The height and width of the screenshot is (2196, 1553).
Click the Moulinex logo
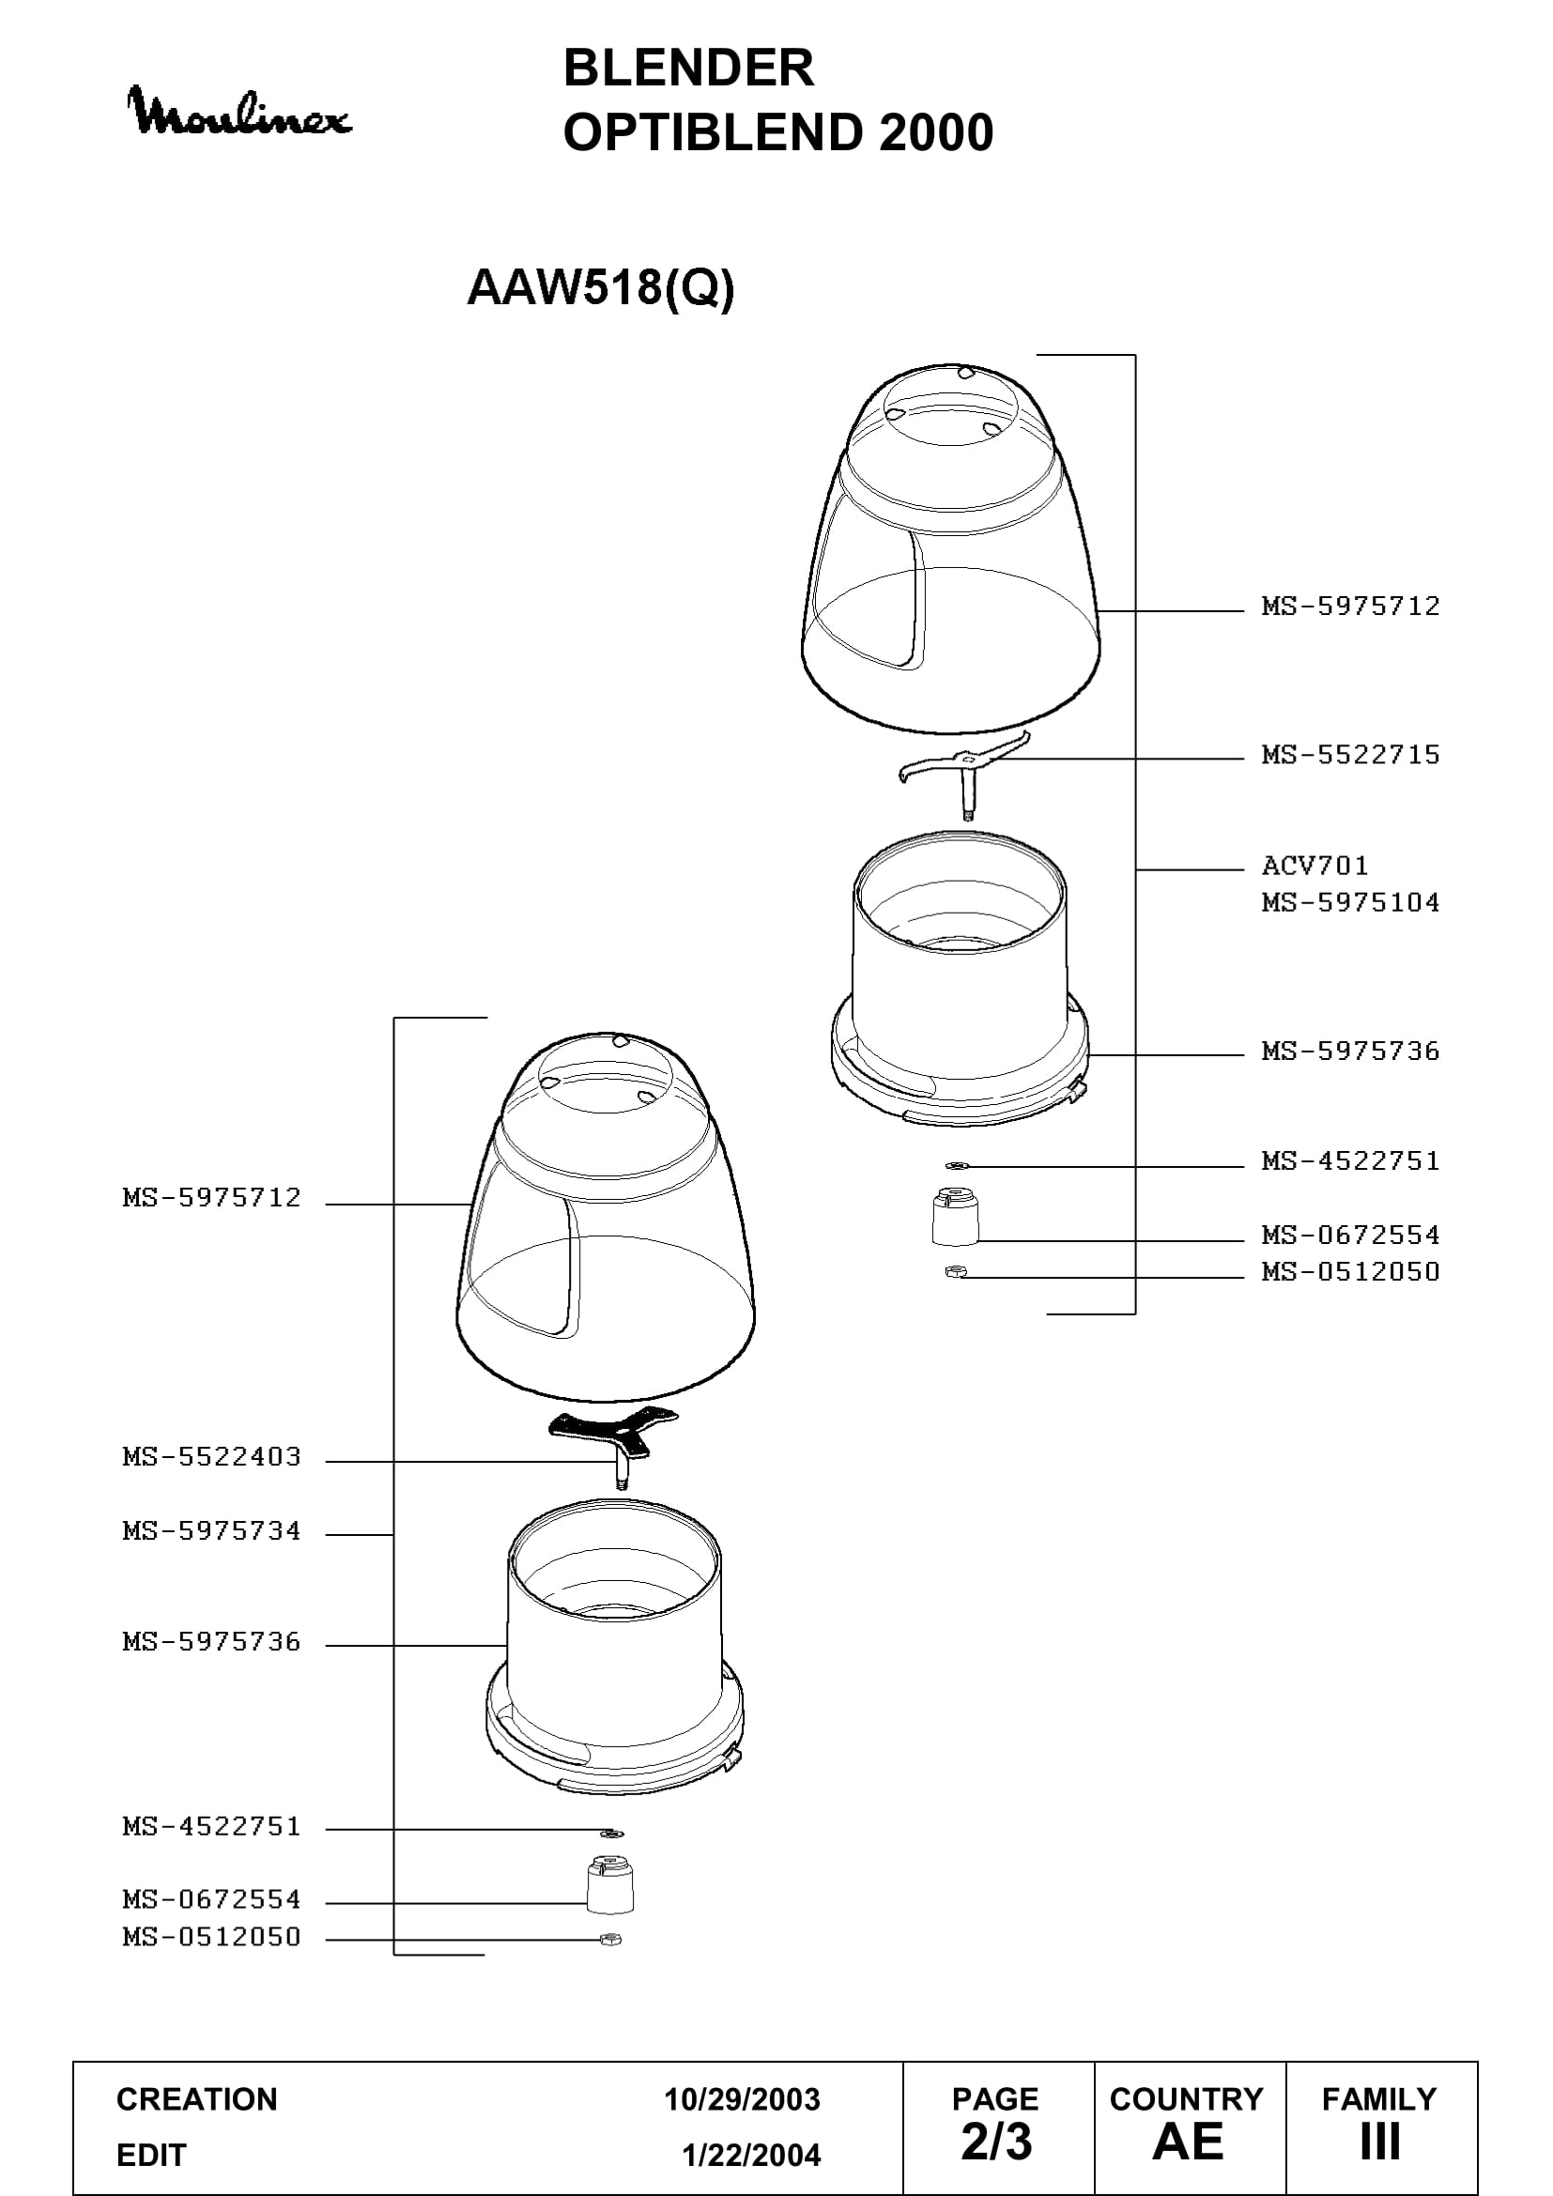(239, 112)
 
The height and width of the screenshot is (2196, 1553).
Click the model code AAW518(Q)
(601, 287)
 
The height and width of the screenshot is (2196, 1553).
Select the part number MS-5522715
(1350, 755)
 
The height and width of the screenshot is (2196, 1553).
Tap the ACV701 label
(1315, 866)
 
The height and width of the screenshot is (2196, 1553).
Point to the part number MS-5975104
(1350, 902)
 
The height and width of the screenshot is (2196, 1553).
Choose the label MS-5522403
(211, 1457)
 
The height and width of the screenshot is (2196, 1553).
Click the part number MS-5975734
(211, 1531)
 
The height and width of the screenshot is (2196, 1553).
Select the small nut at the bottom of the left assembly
(610, 1940)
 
